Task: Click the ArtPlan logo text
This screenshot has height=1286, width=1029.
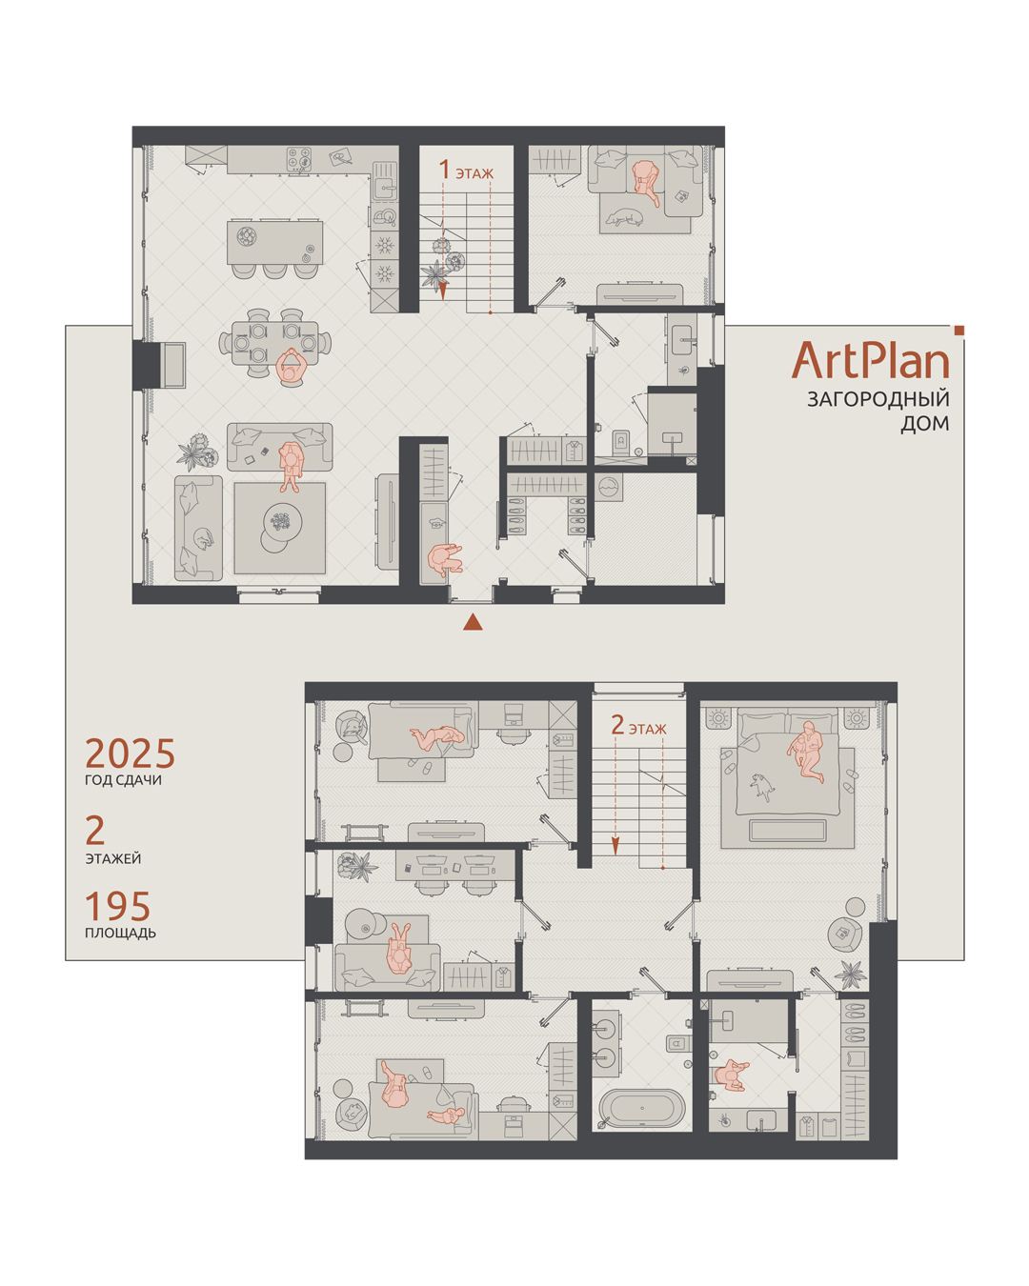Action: click(x=870, y=360)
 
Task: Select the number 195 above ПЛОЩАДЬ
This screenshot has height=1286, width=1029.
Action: click(x=117, y=906)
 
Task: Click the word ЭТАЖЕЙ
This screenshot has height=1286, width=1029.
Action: click(x=113, y=858)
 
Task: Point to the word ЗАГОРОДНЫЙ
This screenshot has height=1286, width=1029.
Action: click(x=878, y=399)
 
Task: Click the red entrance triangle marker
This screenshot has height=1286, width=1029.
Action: click(x=473, y=622)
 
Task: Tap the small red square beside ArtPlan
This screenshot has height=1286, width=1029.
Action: click(x=959, y=330)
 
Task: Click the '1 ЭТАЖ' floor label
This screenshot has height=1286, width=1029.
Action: click(x=466, y=171)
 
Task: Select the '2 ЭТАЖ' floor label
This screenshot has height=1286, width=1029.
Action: click(x=638, y=726)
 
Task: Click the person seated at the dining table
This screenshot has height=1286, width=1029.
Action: click(x=292, y=366)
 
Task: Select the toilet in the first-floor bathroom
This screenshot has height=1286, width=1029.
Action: click(x=621, y=440)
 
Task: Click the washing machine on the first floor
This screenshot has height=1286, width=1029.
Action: click(x=609, y=487)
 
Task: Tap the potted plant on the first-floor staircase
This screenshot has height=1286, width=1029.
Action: click(x=434, y=275)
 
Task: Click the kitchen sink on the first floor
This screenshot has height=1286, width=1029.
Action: click(x=385, y=189)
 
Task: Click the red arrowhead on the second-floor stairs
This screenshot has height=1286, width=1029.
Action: click(x=615, y=846)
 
